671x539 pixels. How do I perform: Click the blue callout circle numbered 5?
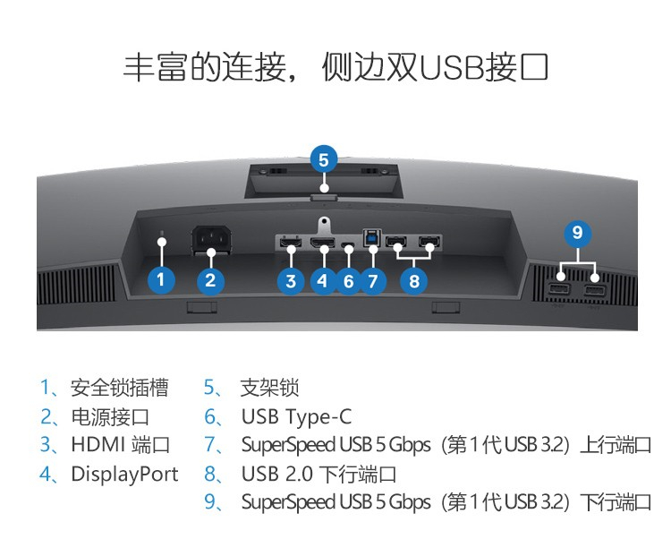(324, 160)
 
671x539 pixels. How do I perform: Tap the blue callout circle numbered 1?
(161, 280)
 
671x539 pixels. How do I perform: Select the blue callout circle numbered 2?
(210, 280)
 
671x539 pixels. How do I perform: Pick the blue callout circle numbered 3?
(291, 281)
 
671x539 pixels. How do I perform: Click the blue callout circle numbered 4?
(323, 281)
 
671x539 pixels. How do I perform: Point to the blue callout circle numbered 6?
(349, 281)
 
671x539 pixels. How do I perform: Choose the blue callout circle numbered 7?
(373, 281)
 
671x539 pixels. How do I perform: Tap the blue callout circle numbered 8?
(414, 281)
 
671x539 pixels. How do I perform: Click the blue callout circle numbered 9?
(578, 234)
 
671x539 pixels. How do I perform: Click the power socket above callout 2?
(211, 241)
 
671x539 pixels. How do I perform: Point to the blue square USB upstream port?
(371, 238)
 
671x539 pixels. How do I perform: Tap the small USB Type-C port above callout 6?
(348, 245)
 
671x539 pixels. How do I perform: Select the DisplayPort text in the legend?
(124, 474)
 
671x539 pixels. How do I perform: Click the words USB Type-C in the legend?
(296, 417)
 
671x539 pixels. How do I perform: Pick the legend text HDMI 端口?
(121, 445)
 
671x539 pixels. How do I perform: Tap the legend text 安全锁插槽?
(119, 388)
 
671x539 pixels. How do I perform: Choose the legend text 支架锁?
(269, 388)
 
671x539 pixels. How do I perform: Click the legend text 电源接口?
(110, 416)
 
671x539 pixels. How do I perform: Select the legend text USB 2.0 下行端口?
(319, 474)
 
